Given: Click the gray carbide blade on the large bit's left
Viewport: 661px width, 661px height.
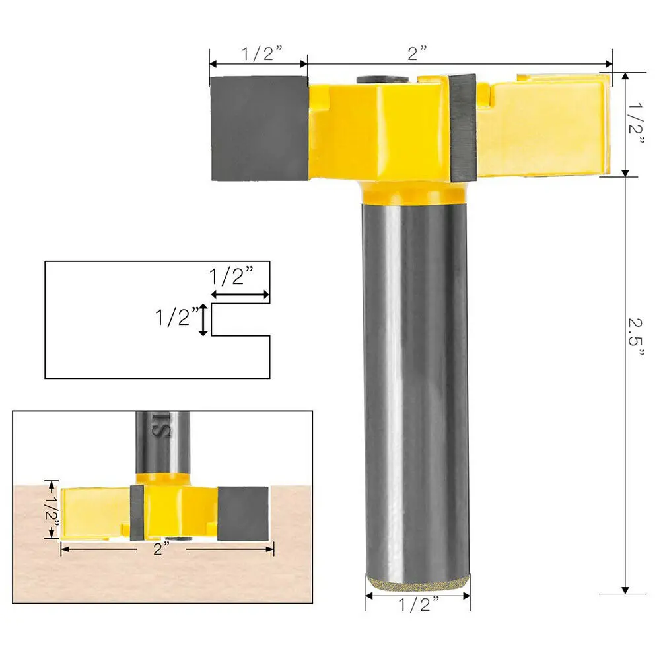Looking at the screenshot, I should (x=259, y=128).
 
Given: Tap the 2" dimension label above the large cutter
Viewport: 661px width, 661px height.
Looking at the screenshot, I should (x=417, y=53).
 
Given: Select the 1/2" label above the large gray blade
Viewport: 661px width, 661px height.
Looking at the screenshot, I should (x=259, y=54).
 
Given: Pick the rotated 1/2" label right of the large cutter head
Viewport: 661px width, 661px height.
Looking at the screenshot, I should (x=637, y=125).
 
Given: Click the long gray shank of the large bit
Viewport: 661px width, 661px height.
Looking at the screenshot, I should (x=416, y=383).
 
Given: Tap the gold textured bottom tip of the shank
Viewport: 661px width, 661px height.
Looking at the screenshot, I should (x=417, y=581).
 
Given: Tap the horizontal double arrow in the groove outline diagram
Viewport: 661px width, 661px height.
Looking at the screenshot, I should (x=240, y=295).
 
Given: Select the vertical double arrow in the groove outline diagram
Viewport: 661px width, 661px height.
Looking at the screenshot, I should (x=205, y=320).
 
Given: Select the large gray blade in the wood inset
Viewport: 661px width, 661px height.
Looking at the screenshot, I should (x=243, y=513).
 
